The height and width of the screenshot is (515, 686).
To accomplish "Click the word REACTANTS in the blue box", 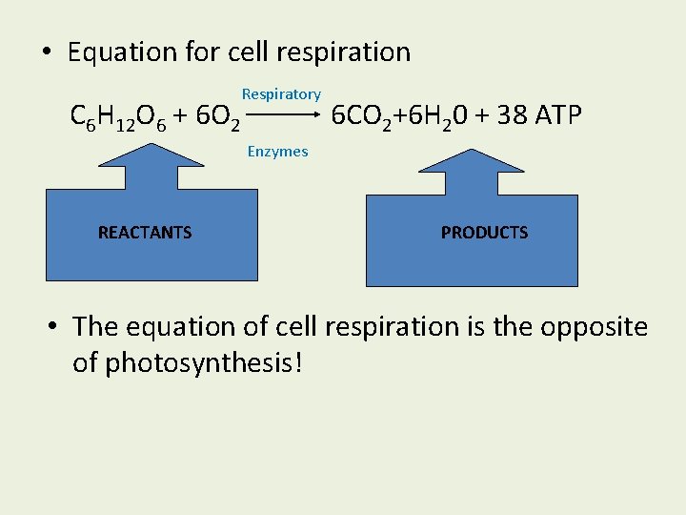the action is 145,232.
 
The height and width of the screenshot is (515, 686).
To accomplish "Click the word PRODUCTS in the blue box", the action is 484,232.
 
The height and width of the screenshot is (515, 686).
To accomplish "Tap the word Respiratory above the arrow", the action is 281,94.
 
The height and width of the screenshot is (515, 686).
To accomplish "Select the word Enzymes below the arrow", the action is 277,151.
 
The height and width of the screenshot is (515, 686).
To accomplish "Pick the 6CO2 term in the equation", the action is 361,117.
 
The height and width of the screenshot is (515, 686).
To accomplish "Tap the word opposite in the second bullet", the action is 591,327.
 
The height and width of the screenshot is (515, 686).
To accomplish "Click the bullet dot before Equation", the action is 47,52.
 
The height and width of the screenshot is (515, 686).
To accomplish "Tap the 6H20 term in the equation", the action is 434,117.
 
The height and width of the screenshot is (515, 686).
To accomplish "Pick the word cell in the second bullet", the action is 295,327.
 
